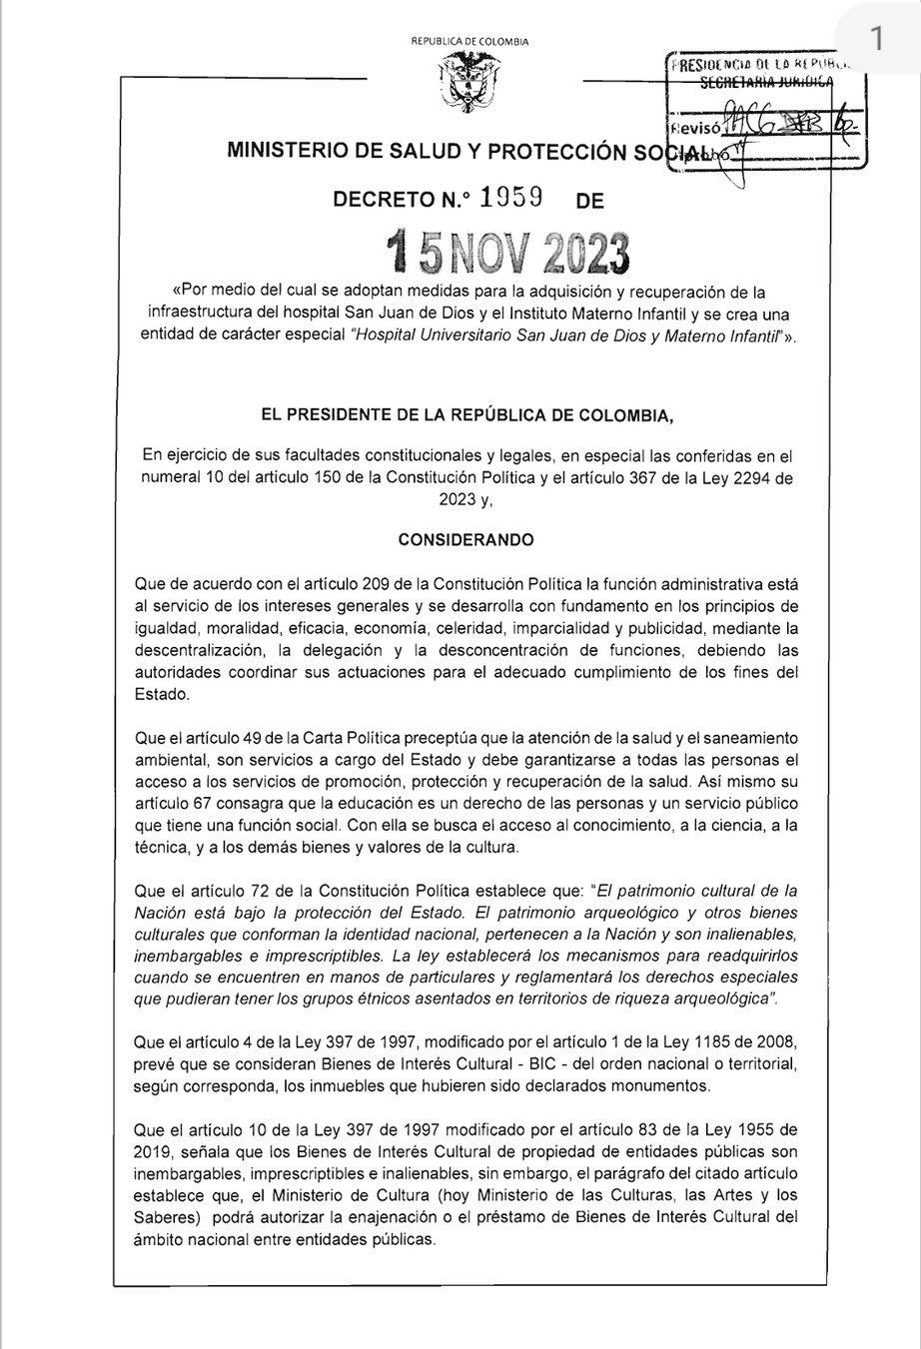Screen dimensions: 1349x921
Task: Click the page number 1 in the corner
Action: tap(876, 40)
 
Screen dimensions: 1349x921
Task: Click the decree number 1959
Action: tap(511, 199)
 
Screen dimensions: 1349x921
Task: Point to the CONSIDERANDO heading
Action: tap(465, 540)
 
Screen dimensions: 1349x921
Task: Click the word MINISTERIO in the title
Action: tap(281, 152)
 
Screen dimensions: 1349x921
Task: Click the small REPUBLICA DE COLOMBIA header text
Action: tap(469, 41)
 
